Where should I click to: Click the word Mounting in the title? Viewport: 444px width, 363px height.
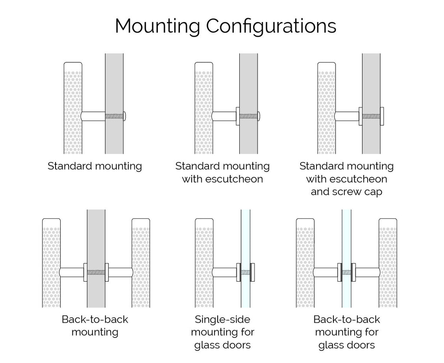pyautogui.click(x=158, y=26)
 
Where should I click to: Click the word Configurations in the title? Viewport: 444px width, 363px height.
pyautogui.click(x=271, y=26)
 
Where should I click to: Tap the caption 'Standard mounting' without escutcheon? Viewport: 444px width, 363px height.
pyautogui.click(x=95, y=166)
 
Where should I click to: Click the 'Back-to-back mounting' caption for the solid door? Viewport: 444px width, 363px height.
pyautogui.click(x=95, y=326)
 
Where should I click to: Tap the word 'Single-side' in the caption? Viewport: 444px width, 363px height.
pyautogui.click(x=222, y=320)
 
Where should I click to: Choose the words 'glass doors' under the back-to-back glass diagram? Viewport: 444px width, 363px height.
pyautogui.click(x=346, y=345)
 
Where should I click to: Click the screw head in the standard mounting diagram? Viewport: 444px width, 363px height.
pyautogui.click(x=125, y=116)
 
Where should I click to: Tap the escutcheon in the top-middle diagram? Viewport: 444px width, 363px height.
pyautogui.click(x=238, y=116)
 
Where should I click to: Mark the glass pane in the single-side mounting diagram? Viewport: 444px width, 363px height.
pyautogui.click(x=246, y=234)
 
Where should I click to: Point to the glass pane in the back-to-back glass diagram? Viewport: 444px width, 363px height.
pyautogui.click(x=346, y=234)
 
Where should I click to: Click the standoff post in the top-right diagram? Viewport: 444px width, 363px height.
pyautogui.click(x=347, y=116)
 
